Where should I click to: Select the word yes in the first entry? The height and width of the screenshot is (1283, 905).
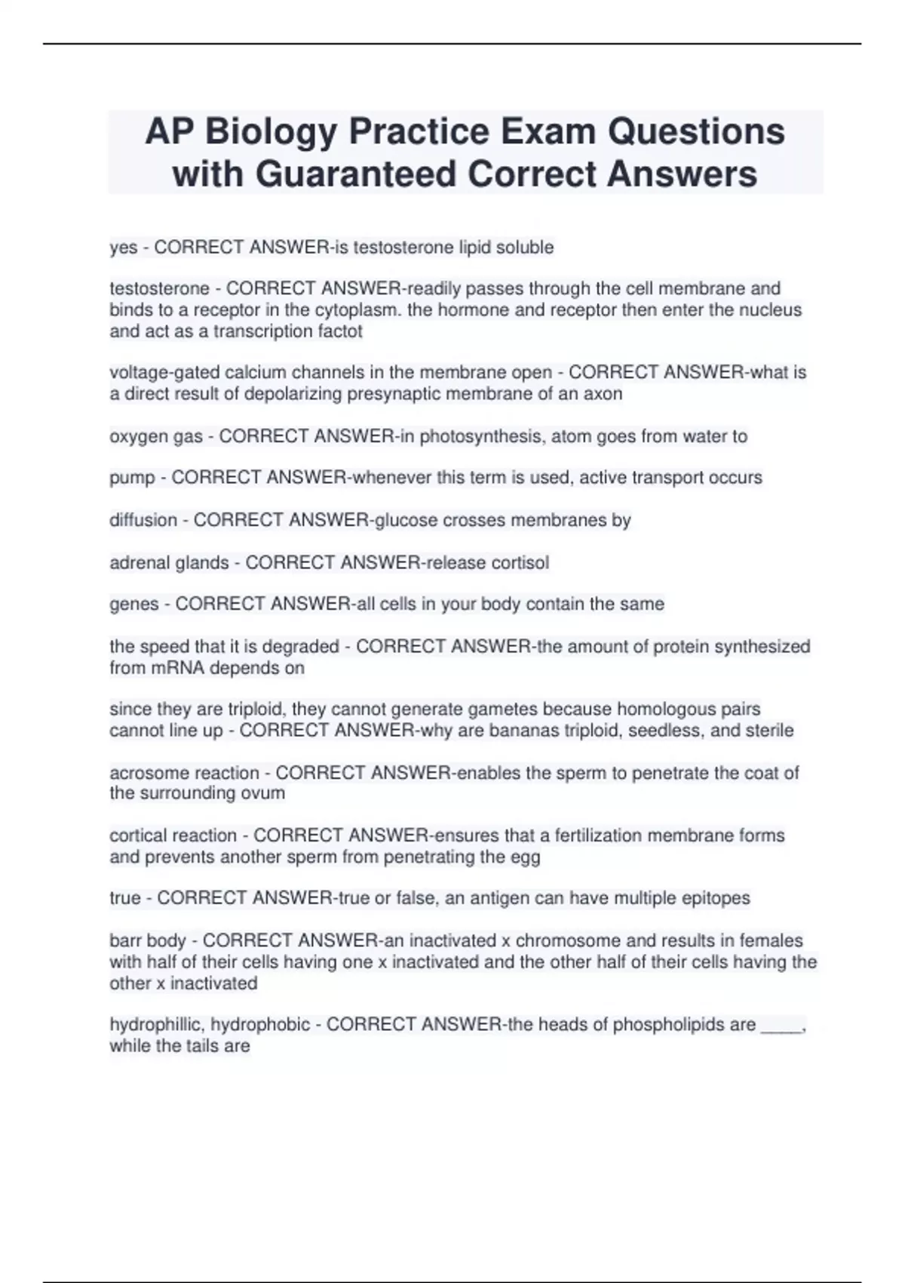[124, 248]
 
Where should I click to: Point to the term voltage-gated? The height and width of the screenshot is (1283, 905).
[158, 373]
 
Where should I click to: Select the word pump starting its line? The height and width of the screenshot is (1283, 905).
[132, 478]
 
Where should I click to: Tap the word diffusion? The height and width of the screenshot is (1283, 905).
[143, 520]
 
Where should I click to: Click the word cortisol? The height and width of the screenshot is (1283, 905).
[520, 563]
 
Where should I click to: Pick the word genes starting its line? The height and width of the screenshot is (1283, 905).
[134, 605]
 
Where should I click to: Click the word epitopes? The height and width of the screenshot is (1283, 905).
[716, 898]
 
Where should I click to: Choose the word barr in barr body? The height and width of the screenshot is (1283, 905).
[124, 940]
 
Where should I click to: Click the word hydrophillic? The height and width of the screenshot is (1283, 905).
[155, 1025]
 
